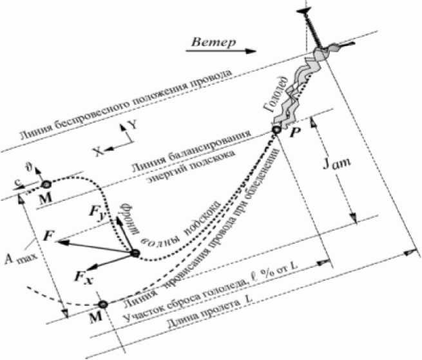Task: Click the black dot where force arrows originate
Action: point(135,253)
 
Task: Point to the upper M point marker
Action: point(45,185)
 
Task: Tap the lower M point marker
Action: point(102,303)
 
